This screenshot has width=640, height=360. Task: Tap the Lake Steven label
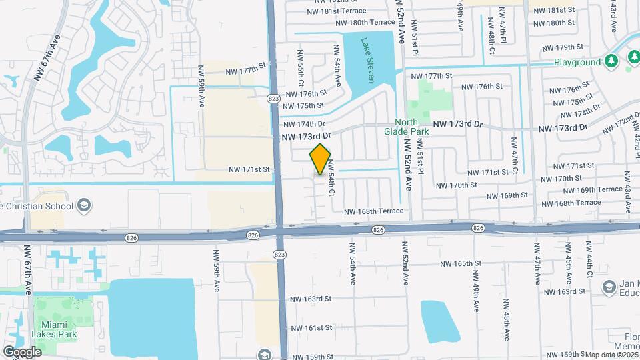(x=367, y=61)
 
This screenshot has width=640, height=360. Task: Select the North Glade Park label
(x=415, y=127)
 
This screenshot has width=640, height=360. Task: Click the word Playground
(x=577, y=62)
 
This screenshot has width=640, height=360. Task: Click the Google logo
(x=22, y=351)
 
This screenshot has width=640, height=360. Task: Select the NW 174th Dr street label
(x=303, y=124)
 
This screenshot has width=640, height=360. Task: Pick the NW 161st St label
(x=311, y=327)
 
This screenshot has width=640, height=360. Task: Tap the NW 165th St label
(x=459, y=263)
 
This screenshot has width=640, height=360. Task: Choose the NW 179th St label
(x=563, y=47)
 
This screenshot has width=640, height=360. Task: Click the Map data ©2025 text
(x=612, y=354)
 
